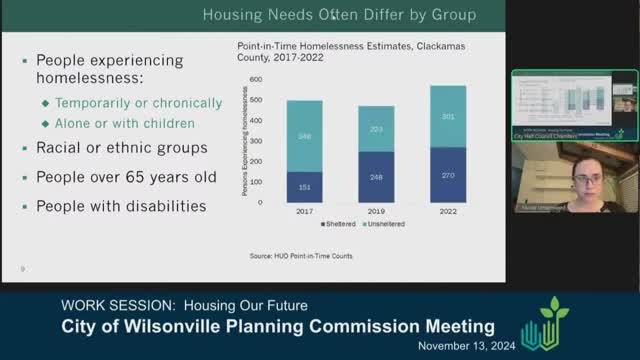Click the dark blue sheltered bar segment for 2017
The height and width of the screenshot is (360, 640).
[304, 186]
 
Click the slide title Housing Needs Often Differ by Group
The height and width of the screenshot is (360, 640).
[339, 15]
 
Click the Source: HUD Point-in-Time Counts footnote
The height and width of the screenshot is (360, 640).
[300, 256]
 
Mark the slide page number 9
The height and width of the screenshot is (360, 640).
[23, 268]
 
